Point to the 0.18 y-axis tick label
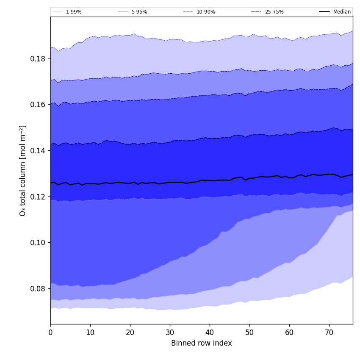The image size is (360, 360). click(x=38, y=58)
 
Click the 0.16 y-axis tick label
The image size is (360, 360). click(x=38, y=105)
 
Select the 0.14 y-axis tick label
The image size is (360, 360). click(x=38, y=150)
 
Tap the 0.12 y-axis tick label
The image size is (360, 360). click(x=38, y=197)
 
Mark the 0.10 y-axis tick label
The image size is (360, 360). click(x=38, y=243)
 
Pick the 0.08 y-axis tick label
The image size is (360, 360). click(x=38, y=289)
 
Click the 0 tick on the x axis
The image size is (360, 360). click(x=50, y=333)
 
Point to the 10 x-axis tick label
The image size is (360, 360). click(x=90, y=333)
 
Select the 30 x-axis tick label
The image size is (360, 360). click(x=170, y=333)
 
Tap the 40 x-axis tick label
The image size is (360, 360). click(x=210, y=333)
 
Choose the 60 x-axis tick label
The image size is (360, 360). click(x=289, y=333)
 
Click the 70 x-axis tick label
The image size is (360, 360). click(x=329, y=333)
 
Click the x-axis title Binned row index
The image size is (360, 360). click(x=202, y=343)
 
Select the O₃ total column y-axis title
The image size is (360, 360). click(x=23, y=170)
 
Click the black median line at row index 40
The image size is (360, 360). click(x=210, y=180)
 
